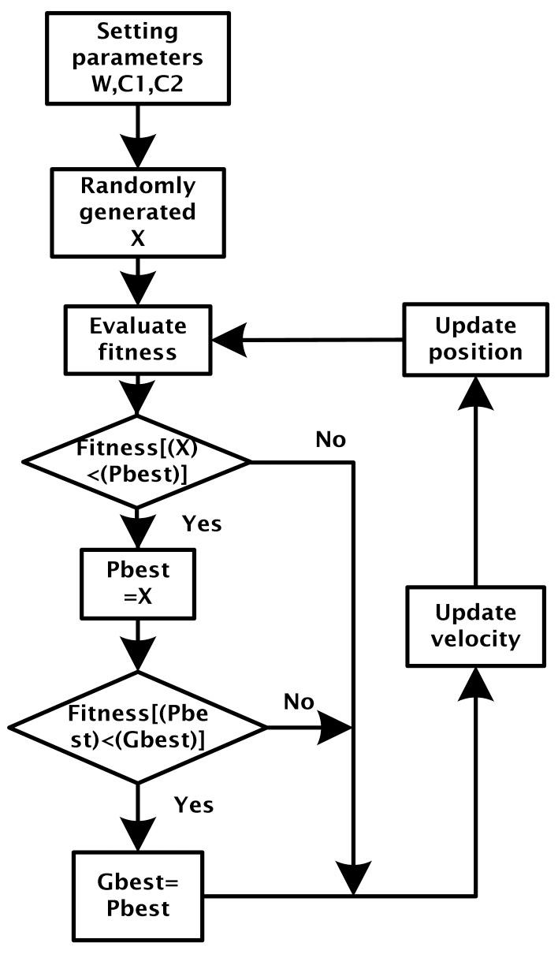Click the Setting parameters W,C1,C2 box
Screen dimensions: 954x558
(x=138, y=58)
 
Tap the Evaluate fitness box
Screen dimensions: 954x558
(x=138, y=339)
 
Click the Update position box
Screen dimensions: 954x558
(x=475, y=339)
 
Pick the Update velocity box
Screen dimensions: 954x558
(x=475, y=625)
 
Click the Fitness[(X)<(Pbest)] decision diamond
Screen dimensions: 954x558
(x=138, y=461)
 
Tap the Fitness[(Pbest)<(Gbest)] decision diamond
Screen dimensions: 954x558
(x=138, y=726)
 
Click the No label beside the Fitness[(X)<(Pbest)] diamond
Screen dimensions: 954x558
(x=330, y=440)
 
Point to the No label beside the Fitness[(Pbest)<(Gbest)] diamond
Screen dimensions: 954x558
(x=299, y=702)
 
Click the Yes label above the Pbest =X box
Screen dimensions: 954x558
(x=203, y=523)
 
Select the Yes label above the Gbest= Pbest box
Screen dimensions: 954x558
(x=194, y=804)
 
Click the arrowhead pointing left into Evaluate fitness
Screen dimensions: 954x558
(x=229, y=340)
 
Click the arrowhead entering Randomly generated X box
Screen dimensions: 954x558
(x=138, y=151)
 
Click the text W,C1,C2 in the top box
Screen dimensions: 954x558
(x=138, y=83)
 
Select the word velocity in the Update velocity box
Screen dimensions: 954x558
(x=475, y=638)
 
